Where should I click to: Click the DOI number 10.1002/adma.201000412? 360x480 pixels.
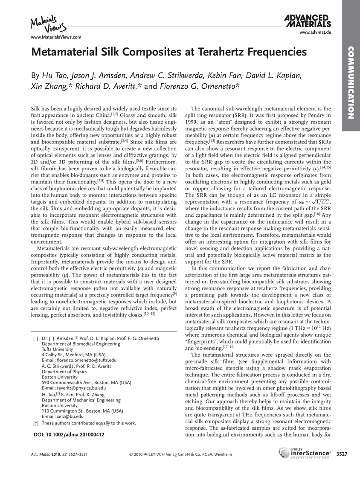(69, 434)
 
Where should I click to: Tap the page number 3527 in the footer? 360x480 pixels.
(342, 454)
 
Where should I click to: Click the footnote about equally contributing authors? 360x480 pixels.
(89, 423)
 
